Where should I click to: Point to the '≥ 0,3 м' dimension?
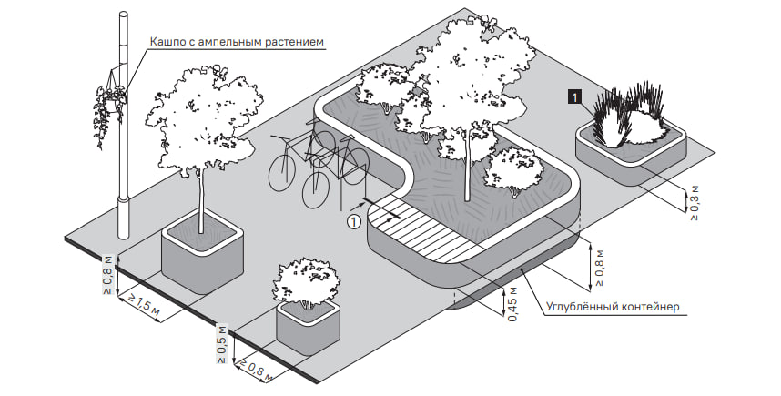coord(694,202)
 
